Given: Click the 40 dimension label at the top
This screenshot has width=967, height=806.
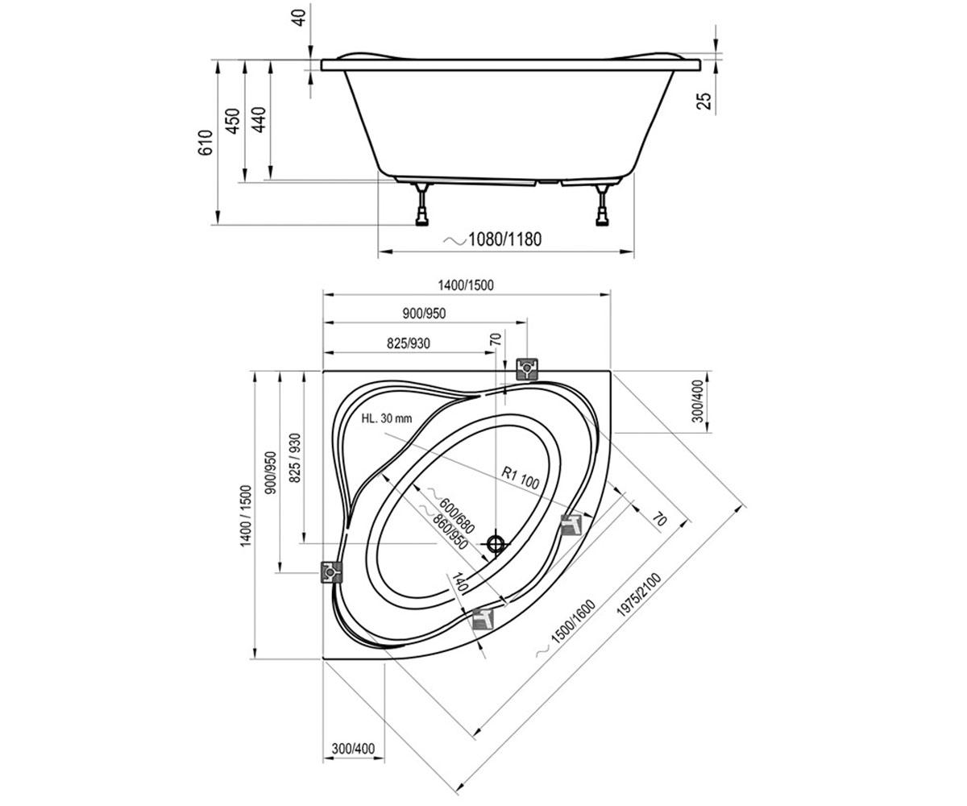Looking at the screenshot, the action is [300, 18].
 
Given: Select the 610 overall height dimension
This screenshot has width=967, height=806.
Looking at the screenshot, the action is [205, 143].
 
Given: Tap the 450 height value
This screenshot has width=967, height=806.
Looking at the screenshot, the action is [233, 121].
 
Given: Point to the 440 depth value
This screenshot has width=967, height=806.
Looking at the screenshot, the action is [259, 119].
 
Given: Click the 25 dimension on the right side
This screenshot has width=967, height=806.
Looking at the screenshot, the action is [703, 101].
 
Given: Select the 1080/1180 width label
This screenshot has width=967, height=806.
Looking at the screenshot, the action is [504, 239].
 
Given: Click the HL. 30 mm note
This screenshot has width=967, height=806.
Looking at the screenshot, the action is [386, 418].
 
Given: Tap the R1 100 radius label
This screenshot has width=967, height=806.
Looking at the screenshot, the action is [521, 478].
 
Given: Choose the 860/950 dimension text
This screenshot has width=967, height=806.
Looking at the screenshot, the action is [450, 532].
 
